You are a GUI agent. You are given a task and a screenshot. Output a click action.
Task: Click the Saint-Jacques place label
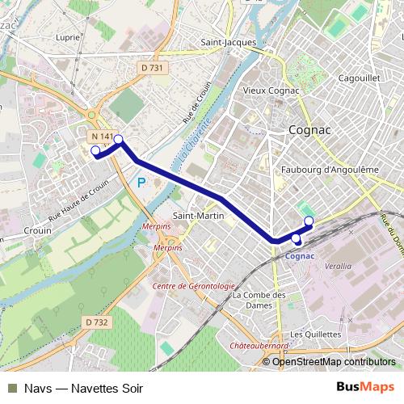229,42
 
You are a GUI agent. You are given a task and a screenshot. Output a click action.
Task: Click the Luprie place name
69,37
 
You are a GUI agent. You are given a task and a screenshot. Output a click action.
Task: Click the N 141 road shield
102,137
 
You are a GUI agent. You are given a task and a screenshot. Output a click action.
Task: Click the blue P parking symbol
141,183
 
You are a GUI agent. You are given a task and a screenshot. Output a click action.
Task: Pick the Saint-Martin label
193,215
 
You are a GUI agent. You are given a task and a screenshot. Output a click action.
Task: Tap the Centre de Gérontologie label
193,286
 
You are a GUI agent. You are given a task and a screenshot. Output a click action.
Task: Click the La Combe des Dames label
259,301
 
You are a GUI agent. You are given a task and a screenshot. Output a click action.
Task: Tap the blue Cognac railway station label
300,256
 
